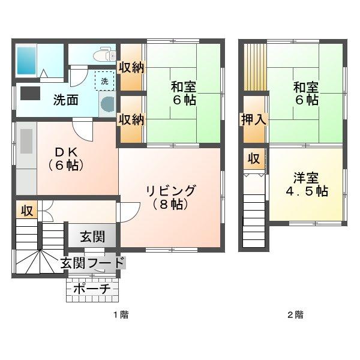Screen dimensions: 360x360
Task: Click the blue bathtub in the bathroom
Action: (26, 61)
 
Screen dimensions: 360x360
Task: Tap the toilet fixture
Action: (104, 55)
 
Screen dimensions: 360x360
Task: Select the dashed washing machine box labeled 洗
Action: (104, 81)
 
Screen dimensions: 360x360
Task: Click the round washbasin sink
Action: (107, 104)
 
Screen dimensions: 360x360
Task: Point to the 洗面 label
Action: (66, 100)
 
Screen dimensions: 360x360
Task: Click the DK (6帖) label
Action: (66, 158)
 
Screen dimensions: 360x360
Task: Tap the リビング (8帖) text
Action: (170, 197)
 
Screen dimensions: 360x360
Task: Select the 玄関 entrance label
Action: (92, 237)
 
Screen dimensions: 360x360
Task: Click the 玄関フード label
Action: (93, 263)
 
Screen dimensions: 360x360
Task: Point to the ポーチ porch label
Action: (92, 289)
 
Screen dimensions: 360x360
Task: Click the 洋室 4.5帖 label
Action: (307, 184)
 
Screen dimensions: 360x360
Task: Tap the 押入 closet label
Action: (254, 119)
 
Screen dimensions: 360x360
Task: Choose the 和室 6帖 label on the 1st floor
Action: (184, 94)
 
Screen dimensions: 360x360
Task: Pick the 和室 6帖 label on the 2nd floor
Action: (306, 94)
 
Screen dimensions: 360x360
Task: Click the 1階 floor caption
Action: (121, 314)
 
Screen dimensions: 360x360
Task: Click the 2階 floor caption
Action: (295, 314)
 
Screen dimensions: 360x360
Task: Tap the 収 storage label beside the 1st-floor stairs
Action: (27, 211)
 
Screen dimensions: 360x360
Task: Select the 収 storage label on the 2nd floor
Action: (254, 158)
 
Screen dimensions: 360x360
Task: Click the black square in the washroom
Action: (31, 93)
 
